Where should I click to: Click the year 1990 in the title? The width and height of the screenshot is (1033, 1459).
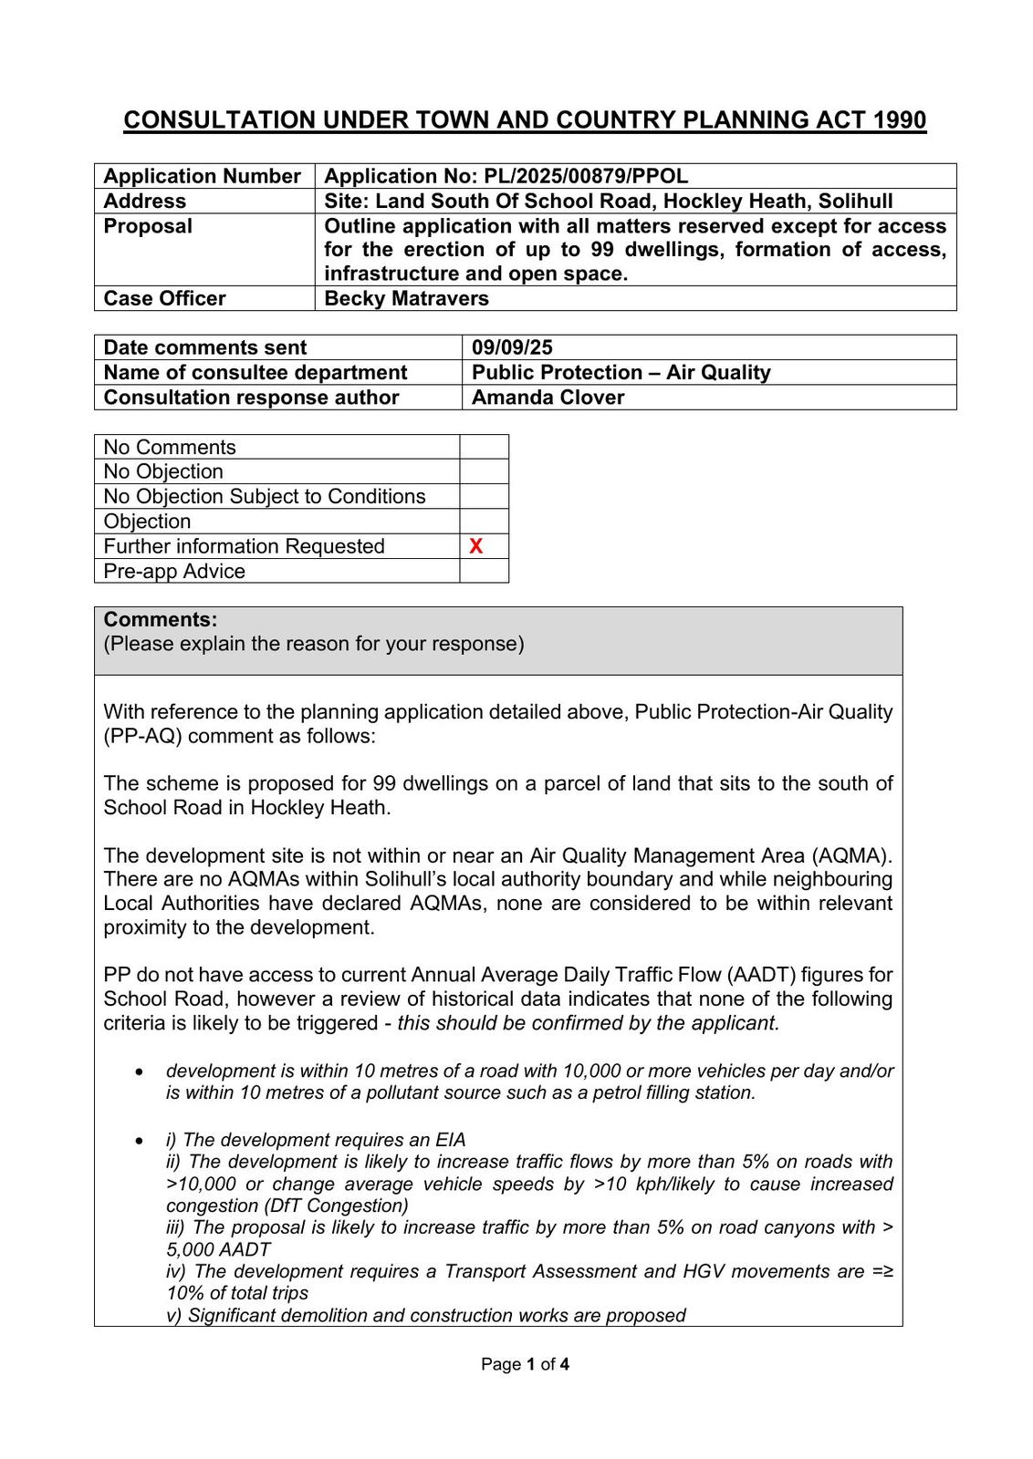899,120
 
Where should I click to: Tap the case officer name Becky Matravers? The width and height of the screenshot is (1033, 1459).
406,298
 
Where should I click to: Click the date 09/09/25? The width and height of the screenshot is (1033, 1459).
512,347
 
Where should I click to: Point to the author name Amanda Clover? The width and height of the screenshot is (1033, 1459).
548,398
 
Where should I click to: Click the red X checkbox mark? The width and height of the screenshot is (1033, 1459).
475,546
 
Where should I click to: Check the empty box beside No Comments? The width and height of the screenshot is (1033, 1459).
484,447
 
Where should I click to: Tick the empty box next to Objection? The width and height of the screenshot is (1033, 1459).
484,522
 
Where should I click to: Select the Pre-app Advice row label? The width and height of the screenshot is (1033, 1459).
174,572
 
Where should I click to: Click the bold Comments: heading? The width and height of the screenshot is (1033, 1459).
161,620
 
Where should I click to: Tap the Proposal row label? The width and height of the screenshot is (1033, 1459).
148,226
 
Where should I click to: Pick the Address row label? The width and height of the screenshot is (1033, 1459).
144,202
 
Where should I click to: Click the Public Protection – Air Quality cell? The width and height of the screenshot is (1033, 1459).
621,372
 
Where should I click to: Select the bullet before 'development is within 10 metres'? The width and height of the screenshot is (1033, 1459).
139,1071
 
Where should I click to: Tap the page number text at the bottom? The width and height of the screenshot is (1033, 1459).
525,1364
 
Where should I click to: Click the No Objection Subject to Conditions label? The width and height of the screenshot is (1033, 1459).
265,496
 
